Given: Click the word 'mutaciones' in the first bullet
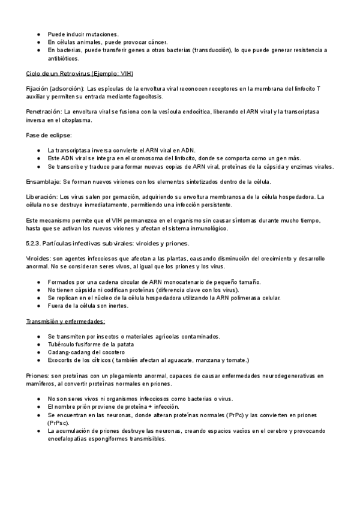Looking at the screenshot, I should pos(100,34).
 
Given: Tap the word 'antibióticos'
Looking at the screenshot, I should pos(64,59).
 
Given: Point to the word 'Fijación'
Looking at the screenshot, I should pos(38,88).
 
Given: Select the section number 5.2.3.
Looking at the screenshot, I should pos(36,243).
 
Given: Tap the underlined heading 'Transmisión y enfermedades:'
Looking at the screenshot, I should pos(65,321).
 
